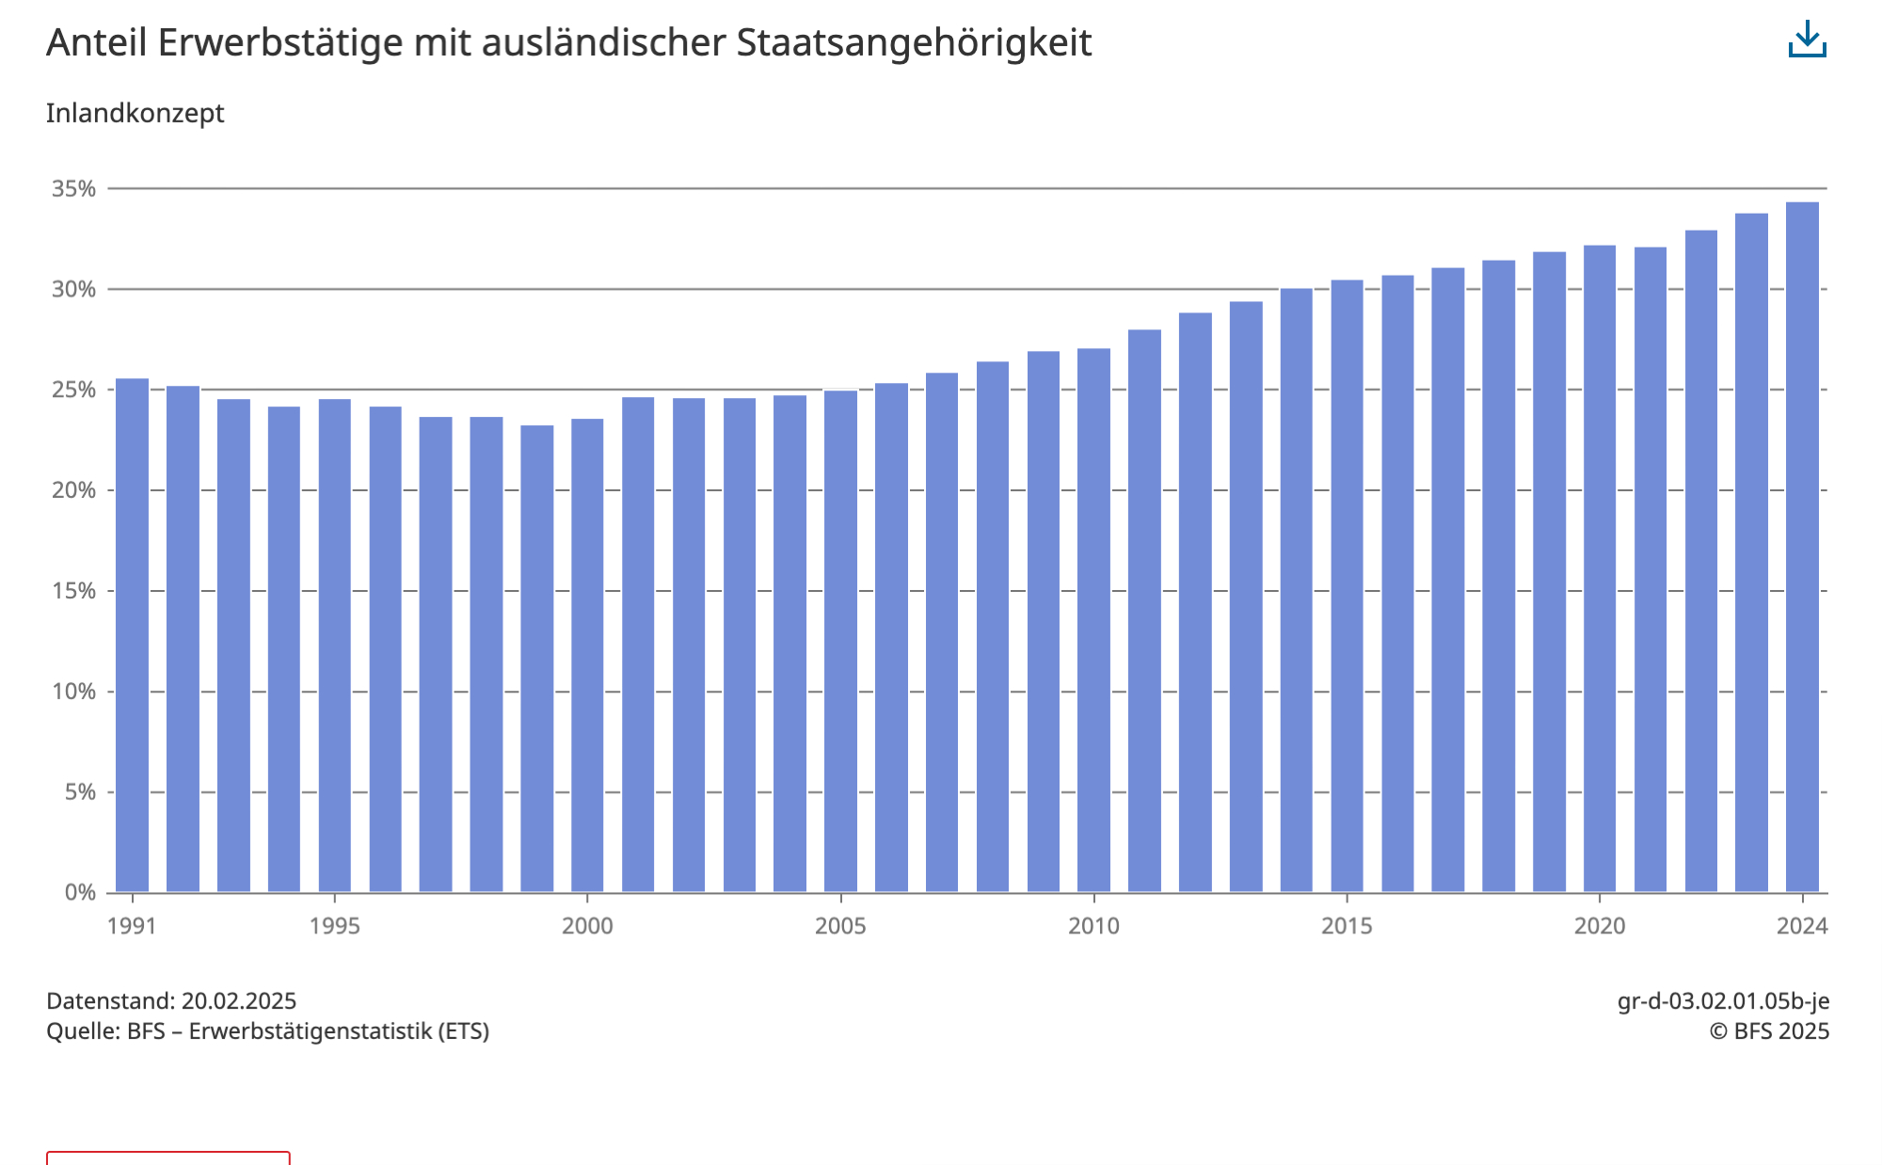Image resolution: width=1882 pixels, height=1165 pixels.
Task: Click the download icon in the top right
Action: click(x=1807, y=40)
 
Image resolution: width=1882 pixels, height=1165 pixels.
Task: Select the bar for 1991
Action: click(x=132, y=635)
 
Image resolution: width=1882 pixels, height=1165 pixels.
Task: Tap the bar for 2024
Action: click(x=1802, y=546)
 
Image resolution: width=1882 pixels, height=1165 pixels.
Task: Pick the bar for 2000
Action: click(x=587, y=655)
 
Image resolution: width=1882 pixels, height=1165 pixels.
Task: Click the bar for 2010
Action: click(x=1093, y=620)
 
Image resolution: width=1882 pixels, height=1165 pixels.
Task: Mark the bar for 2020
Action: click(x=1600, y=568)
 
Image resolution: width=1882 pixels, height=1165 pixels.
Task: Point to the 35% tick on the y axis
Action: click(x=73, y=189)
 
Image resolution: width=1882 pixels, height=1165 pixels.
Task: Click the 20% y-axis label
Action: click(x=73, y=490)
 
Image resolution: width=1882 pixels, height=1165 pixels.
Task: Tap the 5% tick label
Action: click(x=79, y=792)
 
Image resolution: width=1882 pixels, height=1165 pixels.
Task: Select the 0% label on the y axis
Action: click(x=79, y=892)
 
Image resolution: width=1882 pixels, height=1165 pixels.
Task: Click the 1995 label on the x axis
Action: click(x=334, y=926)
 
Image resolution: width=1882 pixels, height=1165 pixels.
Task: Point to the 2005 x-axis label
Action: click(x=839, y=926)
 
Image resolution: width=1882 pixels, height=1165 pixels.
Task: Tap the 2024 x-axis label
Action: click(x=1802, y=926)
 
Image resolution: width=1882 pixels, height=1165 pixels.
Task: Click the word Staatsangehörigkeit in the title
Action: click(x=914, y=43)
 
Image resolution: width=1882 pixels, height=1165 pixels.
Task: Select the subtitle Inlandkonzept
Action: click(x=135, y=113)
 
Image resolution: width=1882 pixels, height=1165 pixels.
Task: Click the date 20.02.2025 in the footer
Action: click(x=239, y=1000)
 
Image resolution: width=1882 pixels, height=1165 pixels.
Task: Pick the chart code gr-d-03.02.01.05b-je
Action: click(x=1723, y=1000)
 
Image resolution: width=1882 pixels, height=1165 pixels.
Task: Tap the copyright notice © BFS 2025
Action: click(x=1769, y=1031)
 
